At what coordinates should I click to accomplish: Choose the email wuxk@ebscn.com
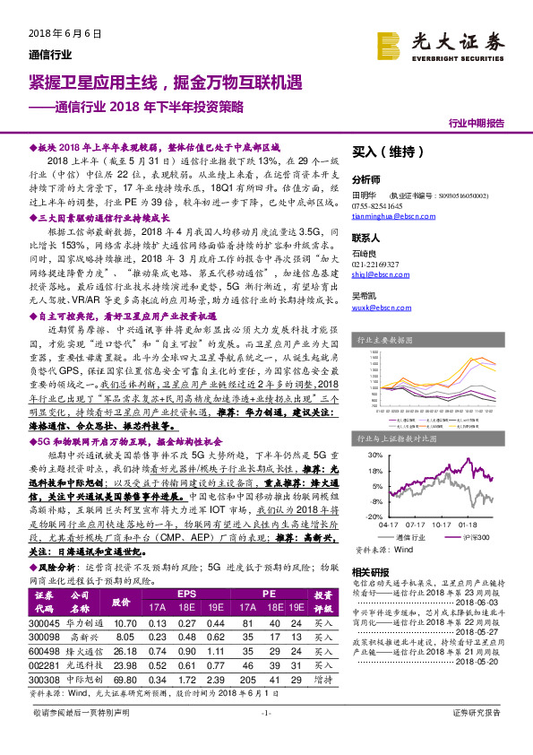coord(380,307)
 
